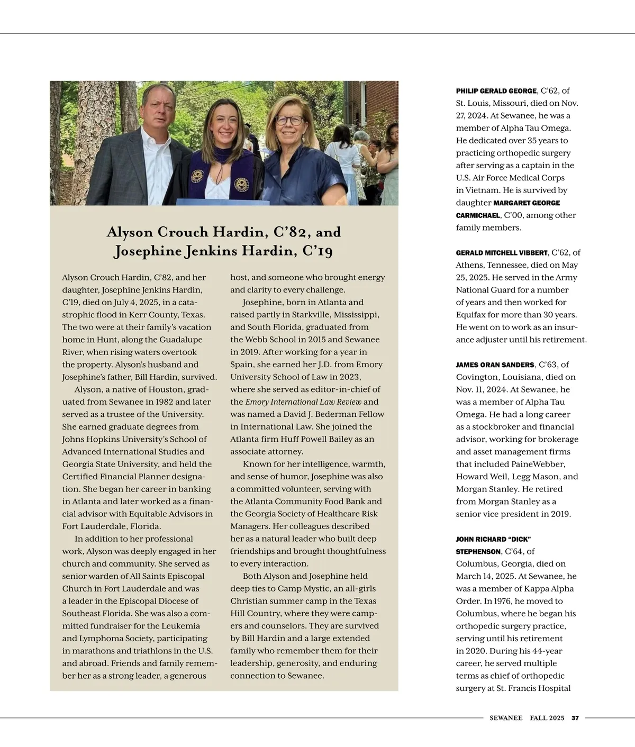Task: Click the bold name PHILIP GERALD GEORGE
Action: (496, 91)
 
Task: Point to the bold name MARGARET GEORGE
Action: (527, 203)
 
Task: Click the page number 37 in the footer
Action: (575, 718)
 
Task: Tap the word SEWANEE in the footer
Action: (505, 718)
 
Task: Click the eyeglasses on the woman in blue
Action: (289, 120)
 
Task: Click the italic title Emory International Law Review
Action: (303, 402)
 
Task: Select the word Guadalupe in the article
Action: (181, 340)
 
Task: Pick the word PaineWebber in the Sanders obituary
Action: (538, 464)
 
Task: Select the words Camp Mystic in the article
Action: (324, 589)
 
